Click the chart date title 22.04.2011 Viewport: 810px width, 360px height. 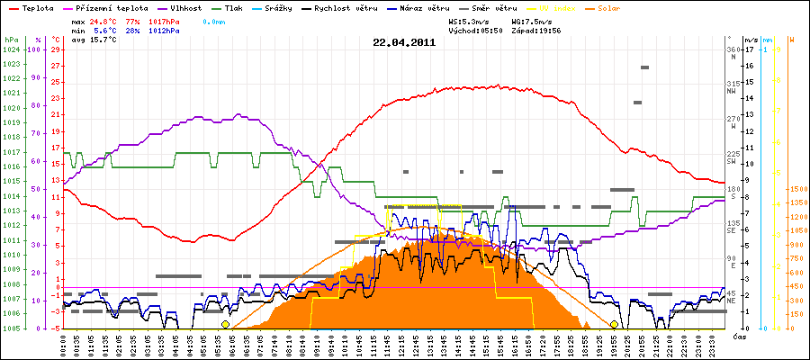404,41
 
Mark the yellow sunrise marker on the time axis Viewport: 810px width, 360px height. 225,324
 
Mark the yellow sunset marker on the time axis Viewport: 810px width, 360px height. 615,324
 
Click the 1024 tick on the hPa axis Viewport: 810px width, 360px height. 11,49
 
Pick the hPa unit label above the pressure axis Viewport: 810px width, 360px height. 11,40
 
